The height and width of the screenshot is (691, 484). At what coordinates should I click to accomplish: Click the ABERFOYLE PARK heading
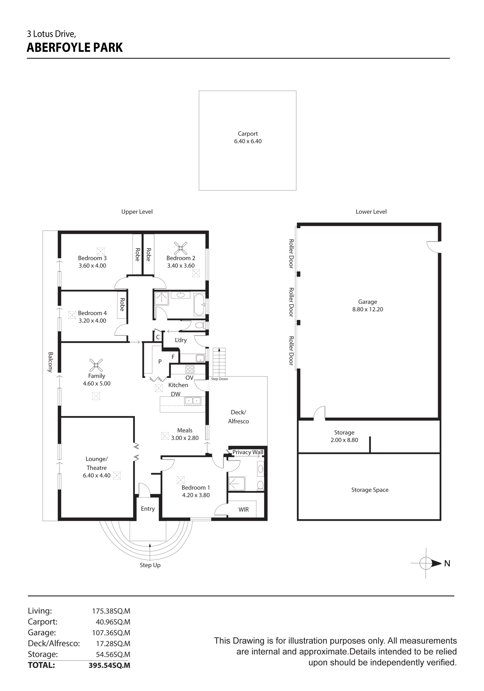pyautogui.click(x=75, y=48)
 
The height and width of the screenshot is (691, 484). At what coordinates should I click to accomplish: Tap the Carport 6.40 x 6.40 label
pyautogui.click(x=248, y=137)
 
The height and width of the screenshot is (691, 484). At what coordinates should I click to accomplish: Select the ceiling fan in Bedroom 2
pyautogui.click(x=180, y=248)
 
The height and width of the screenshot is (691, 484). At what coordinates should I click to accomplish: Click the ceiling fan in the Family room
pyautogui.click(x=96, y=365)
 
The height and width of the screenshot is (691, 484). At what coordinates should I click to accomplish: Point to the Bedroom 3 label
pyautogui.click(x=92, y=258)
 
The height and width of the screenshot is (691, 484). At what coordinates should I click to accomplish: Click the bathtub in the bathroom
pyautogui.click(x=199, y=304)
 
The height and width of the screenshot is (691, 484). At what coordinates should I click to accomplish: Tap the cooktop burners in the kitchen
pyautogui.click(x=190, y=369)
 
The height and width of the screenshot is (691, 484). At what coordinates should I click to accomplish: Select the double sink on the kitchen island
pyautogui.click(x=193, y=401)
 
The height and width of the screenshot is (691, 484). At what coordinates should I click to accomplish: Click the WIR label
pyautogui.click(x=244, y=510)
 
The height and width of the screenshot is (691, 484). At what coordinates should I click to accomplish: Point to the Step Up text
pyautogui.click(x=150, y=565)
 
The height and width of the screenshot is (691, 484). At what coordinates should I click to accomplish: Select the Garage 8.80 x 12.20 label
pyautogui.click(x=368, y=305)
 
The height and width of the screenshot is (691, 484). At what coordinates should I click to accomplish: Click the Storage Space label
pyautogui.click(x=370, y=490)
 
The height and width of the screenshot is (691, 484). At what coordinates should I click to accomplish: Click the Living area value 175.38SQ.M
pyautogui.click(x=111, y=611)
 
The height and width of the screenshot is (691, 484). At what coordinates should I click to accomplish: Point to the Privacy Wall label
pyautogui.click(x=248, y=452)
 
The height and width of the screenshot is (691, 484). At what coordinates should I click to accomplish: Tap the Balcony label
pyautogui.click(x=50, y=362)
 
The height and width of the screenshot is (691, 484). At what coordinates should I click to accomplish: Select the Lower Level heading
pyautogui.click(x=371, y=212)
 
